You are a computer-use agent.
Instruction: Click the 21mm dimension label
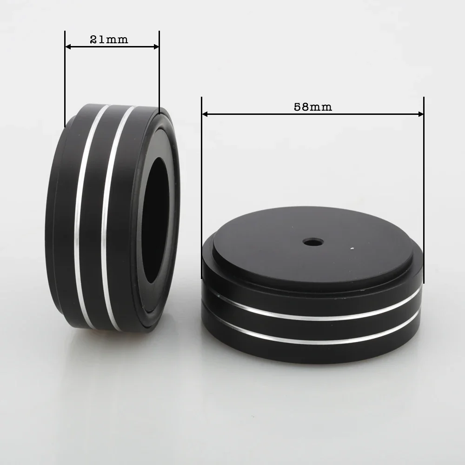[x=109, y=40]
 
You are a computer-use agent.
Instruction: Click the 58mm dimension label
[x=312, y=106]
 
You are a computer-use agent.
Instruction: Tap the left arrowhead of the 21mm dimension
[x=68, y=46]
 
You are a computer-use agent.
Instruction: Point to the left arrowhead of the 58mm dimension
[x=205, y=113]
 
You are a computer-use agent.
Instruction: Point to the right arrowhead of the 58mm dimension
[x=421, y=113]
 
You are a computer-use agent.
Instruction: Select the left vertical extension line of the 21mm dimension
[x=65, y=79]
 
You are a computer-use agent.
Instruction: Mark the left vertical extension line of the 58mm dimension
[x=202, y=186]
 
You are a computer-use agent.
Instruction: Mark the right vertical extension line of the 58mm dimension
[x=424, y=186]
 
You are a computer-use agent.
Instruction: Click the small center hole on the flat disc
[x=313, y=242]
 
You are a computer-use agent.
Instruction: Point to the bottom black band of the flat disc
[x=312, y=353]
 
